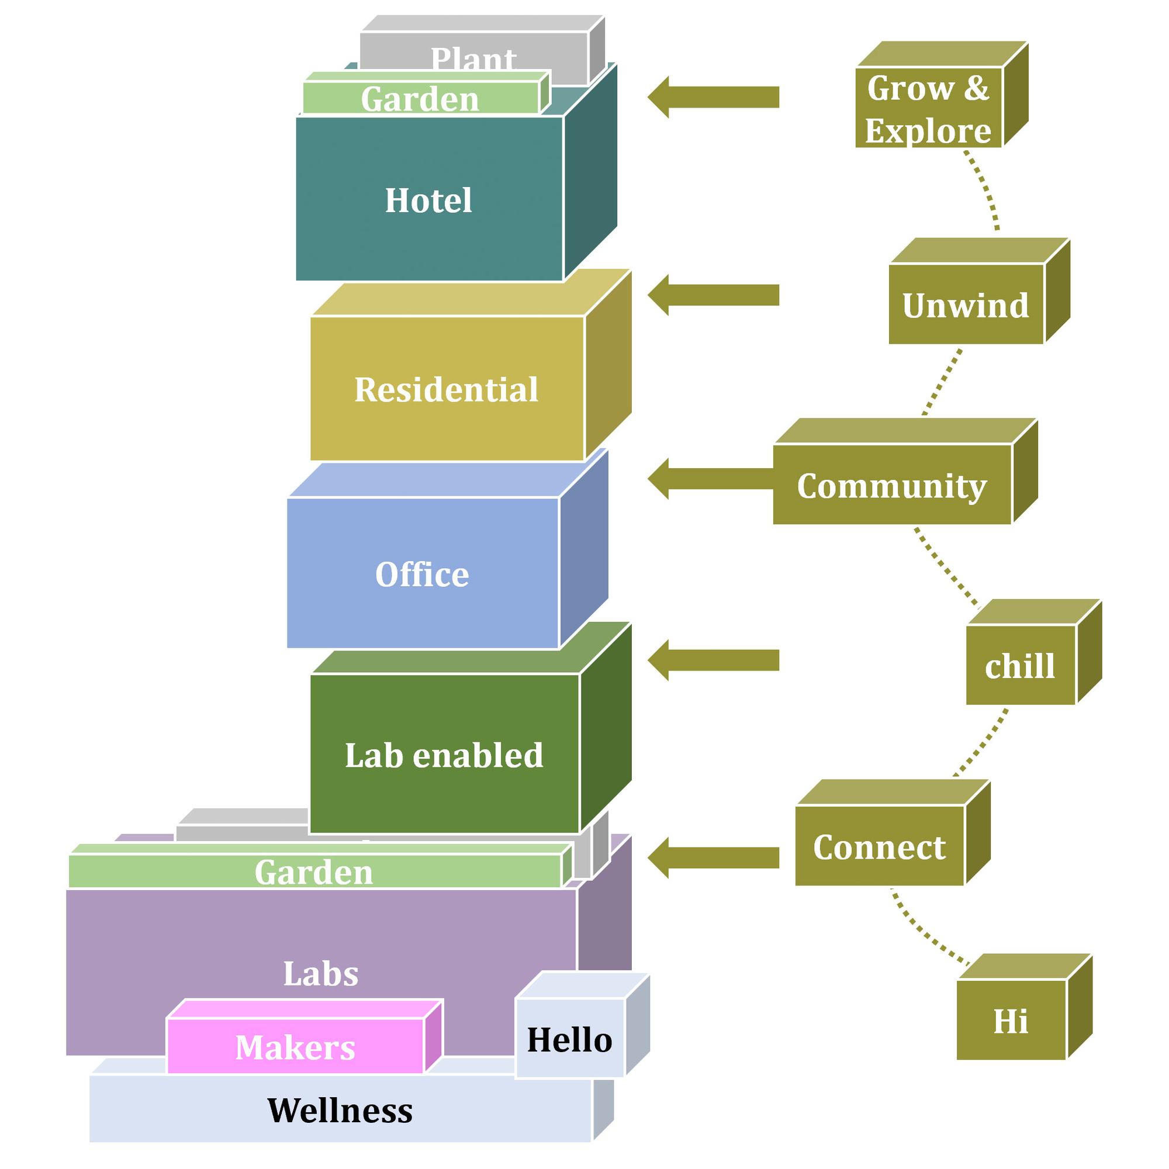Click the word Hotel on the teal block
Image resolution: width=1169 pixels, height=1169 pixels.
tap(428, 200)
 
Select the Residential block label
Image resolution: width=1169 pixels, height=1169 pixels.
tap(446, 390)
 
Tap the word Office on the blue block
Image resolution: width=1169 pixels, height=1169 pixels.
tap(422, 574)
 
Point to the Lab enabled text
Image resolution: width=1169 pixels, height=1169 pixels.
tap(444, 755)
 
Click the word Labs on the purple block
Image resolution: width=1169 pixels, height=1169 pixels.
tap(321, 974)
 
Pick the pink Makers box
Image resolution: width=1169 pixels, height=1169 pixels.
tap(295, 1047)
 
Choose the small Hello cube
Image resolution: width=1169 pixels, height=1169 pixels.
tap(569, 1039)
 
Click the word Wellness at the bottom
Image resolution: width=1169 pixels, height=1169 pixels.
tap(340, 1111)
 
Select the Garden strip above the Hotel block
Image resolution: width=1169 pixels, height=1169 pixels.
tap(420, 99)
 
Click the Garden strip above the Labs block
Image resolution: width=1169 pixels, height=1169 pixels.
tap(314, 872)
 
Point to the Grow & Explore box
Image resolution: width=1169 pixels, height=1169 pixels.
tap(928, 109)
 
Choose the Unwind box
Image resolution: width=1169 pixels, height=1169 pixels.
tap(966, 305)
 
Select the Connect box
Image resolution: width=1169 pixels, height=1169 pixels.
tap(879, 846)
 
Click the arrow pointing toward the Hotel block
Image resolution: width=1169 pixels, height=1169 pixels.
tap(714, 97)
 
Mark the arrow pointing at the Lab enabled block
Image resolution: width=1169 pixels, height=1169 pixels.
tap(714, 660)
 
